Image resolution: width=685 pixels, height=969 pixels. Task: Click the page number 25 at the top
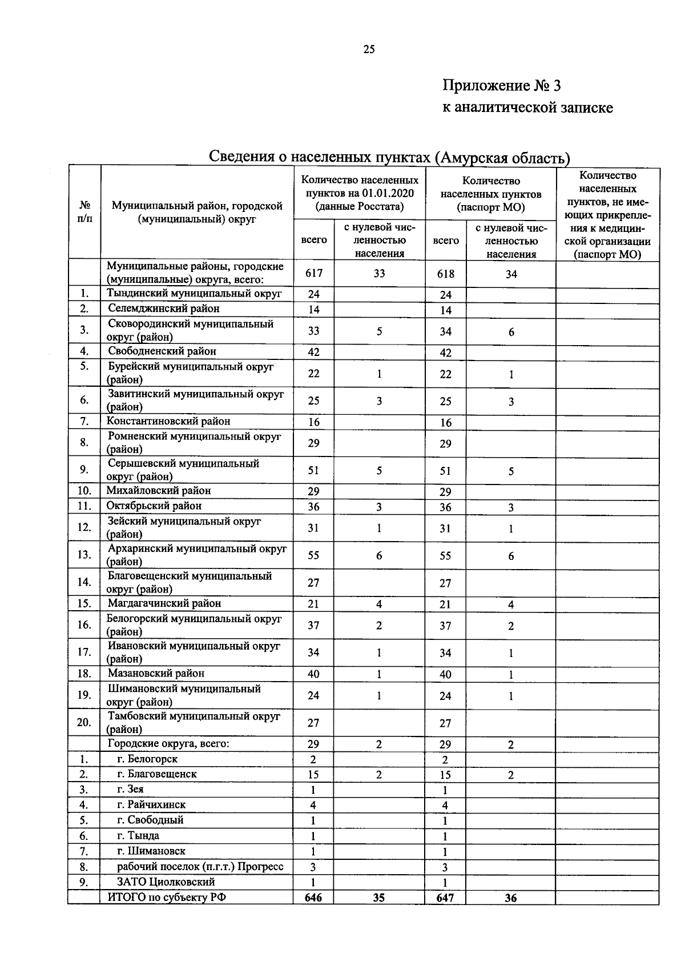(369, 49)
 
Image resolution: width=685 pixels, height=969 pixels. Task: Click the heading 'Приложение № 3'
(502, 86)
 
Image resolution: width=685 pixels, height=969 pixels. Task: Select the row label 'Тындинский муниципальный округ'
(194, 293)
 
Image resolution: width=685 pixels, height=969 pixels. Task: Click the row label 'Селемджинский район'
(164, 309)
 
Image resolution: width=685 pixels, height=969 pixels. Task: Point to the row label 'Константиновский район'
(168, 421)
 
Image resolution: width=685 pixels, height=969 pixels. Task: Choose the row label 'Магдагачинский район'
(164, 603)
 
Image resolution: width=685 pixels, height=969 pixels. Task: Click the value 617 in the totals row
(313, 273)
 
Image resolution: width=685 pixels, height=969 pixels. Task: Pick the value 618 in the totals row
(445, 274)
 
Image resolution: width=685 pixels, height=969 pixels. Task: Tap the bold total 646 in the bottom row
(313, 898)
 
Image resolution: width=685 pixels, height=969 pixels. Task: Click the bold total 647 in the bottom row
(445, 898)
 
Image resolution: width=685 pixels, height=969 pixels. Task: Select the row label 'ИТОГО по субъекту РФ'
(167, 897)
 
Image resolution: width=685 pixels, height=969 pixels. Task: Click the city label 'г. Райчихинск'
(151, 804)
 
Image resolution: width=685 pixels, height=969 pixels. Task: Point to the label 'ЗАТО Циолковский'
(166, 882)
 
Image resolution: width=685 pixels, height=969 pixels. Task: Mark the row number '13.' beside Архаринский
(84, 554)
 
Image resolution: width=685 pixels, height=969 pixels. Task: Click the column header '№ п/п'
(84, 211)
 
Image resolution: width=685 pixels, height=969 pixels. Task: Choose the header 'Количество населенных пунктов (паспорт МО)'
(491, 194)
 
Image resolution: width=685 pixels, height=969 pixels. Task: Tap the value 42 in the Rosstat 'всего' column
(313, 352)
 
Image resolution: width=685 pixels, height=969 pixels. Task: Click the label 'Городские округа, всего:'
(168, 744)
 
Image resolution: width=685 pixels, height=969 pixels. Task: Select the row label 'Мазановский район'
(156, 673)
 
